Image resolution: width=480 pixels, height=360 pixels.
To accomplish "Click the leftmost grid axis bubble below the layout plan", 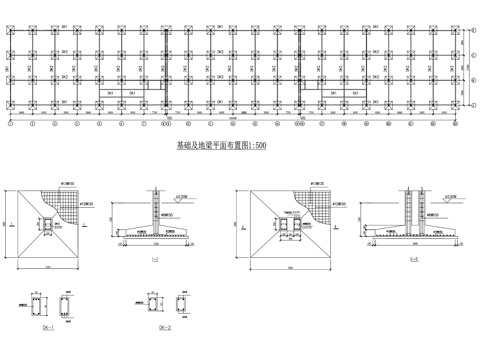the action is tap(11, 127).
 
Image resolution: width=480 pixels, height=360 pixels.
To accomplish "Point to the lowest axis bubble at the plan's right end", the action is tap(472, 104).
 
